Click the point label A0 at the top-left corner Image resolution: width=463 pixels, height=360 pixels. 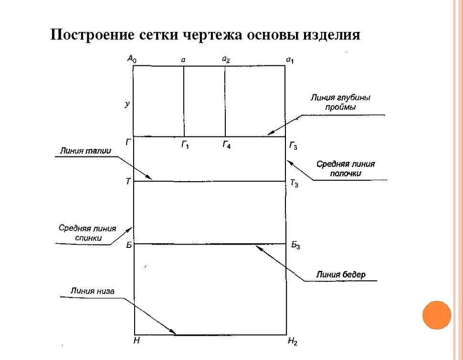132,59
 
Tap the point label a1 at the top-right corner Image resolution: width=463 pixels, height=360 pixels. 290,60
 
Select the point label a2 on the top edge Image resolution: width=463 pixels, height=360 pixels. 226,59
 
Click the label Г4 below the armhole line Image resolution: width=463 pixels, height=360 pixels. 226,145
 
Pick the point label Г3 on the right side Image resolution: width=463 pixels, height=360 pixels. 293,146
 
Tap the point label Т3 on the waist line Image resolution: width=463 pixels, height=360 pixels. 294,184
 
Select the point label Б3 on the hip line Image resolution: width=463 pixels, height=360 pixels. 295,246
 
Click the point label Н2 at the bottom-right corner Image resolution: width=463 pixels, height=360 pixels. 293,341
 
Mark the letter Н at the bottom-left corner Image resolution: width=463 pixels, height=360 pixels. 137,341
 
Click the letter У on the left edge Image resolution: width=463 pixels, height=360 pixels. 127,103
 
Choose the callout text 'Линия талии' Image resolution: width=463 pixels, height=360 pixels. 85,151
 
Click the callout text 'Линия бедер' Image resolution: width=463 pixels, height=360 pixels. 341,274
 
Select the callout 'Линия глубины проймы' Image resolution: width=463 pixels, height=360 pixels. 340,102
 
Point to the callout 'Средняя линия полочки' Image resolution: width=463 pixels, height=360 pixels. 346,169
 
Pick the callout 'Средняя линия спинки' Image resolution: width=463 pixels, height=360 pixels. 87,232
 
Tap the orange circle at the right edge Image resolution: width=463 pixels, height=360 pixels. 436,315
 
